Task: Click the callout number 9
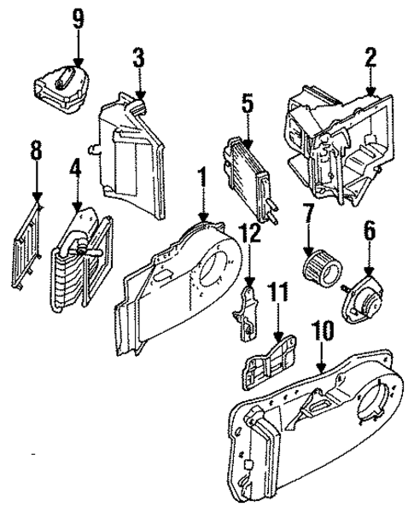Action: click(79, 20)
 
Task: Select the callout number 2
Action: click(370, 57)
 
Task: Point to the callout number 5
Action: click(248, 104)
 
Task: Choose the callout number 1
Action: click(203, 178)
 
